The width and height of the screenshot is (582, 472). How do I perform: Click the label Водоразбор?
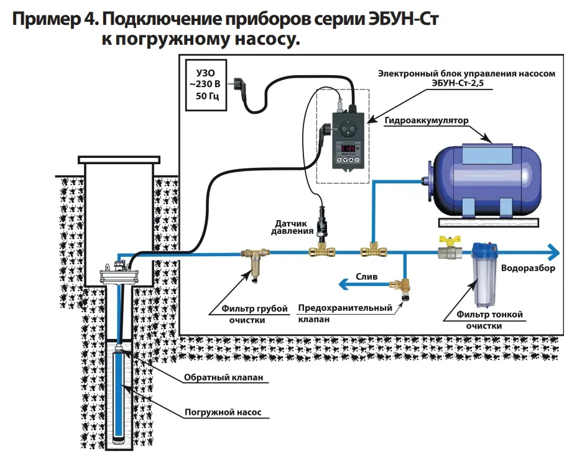click(528, 269)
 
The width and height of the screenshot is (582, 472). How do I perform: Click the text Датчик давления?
click(292, 228)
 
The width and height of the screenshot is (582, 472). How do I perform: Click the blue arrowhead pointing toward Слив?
click(343, 285)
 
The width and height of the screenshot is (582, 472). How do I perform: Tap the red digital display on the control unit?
click(349, 149)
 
